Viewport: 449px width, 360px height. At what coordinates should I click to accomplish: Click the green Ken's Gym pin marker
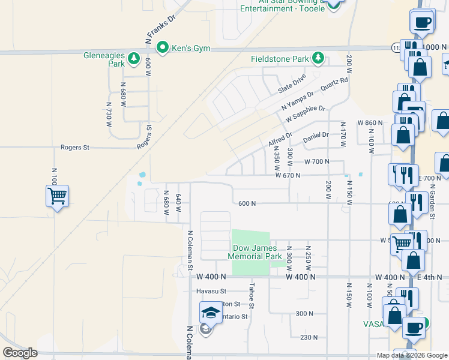[x=162, y=47]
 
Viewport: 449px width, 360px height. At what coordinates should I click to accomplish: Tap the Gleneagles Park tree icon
[x=133, y=59]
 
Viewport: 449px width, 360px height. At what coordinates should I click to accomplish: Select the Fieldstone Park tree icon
[x=318, y=58]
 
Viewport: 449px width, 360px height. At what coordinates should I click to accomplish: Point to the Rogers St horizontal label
[x=74, y=147]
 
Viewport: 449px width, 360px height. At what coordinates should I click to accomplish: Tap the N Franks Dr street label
[x=160, y=29]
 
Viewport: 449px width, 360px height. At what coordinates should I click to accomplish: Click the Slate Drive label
[x=292, y=84]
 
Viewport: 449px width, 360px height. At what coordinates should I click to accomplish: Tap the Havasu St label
[x=210, y=291]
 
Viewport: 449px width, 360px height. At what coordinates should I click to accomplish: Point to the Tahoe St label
[x=252, y=296]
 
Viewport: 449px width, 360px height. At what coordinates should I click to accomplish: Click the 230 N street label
[x=309, y=337]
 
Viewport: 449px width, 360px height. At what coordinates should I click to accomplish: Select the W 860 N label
[x=370, y=122]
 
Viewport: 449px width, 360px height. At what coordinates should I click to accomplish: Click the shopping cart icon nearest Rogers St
[x=57, y=196]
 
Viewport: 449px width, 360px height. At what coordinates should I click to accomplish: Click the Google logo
[x=20, y=353]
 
